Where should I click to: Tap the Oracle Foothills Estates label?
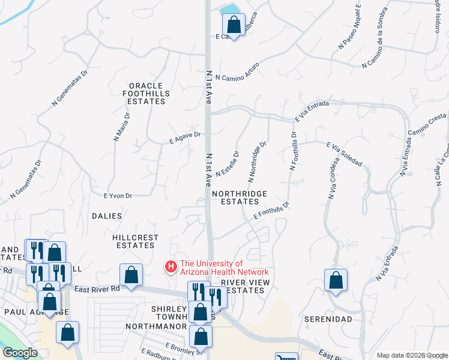(146, 94)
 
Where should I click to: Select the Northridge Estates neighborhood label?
(240, 197)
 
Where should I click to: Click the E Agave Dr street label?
(184, 138)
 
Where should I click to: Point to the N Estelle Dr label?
(228, 163)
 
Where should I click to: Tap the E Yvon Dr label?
(118, 195)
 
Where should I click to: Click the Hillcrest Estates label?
(135, 241)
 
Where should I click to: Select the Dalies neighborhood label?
(107, 215)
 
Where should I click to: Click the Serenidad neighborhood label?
(328, 319)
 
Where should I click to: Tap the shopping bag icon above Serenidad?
(336, 280)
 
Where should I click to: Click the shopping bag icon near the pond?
(234, 25)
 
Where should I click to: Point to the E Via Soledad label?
(344, 154)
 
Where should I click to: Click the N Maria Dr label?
(121, 127)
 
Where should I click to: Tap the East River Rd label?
(97, 289)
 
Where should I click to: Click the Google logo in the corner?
(20, 353)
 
